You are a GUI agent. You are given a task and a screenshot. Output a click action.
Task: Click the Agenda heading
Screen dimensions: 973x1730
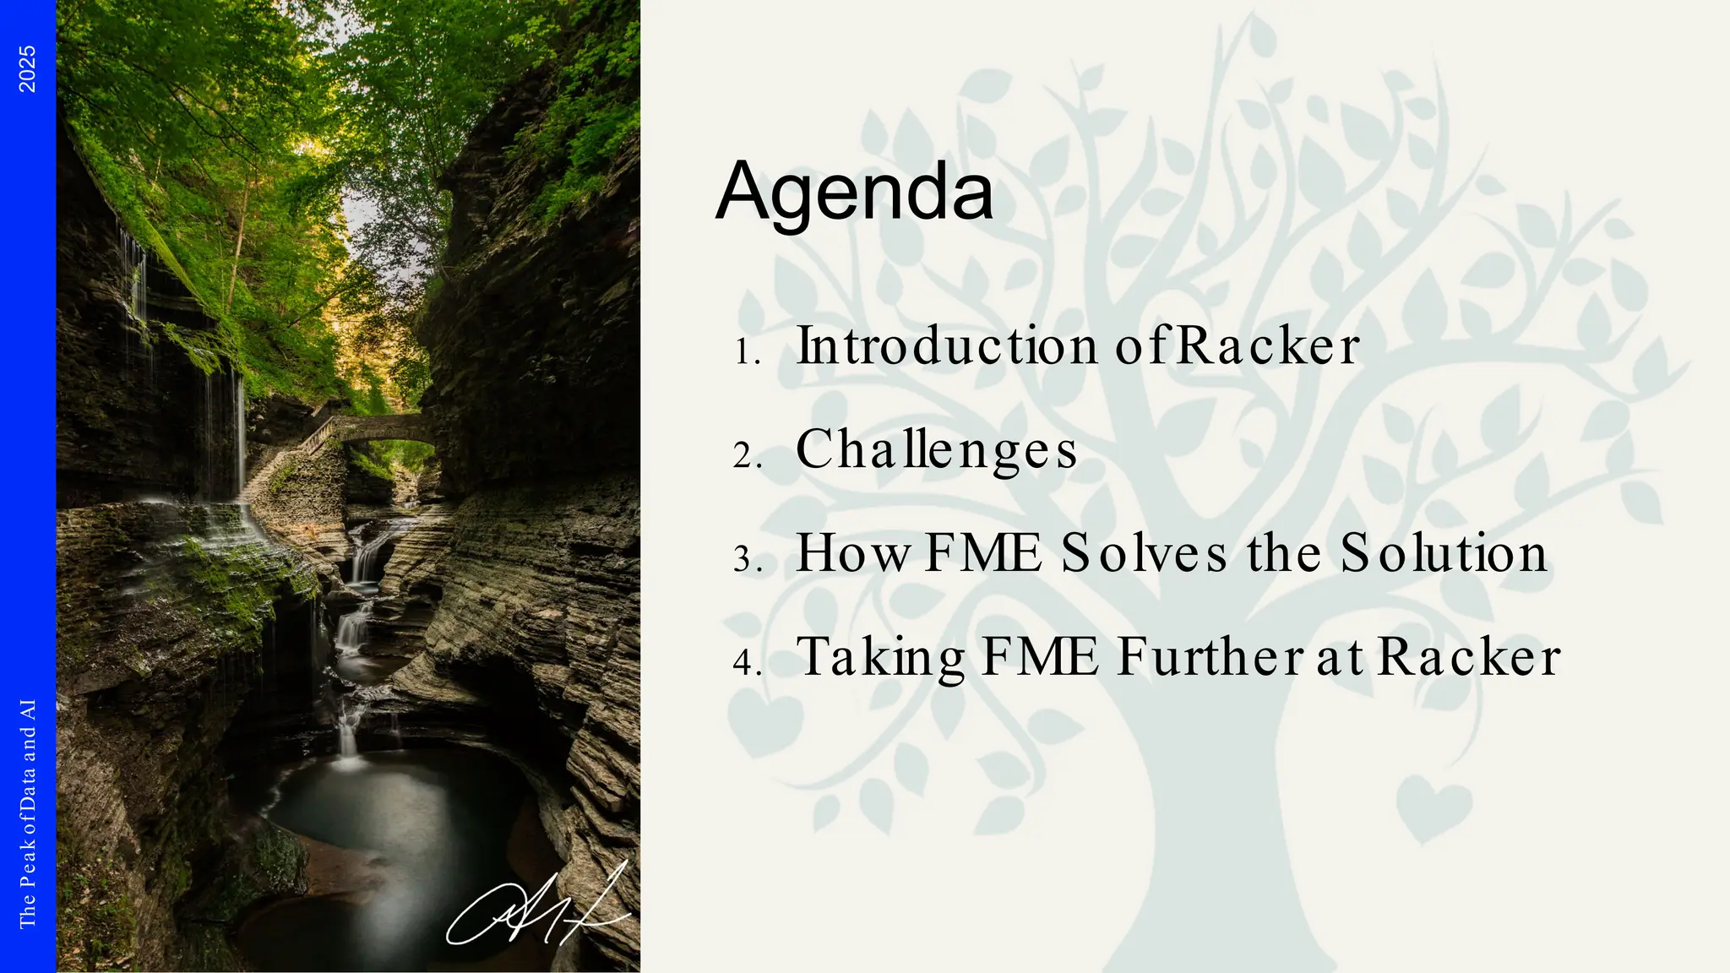click(854, 193)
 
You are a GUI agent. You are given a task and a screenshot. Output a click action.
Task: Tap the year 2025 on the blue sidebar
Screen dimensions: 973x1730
click(28, 69)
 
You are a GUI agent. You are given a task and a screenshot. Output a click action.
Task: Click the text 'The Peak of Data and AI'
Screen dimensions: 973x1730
click(28, 813)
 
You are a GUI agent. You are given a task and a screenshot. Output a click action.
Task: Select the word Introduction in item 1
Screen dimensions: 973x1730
click(947, 346)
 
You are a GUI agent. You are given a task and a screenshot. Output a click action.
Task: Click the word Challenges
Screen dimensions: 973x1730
click(936, 449)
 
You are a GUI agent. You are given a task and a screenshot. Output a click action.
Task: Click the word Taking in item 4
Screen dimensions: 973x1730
click(881, 658)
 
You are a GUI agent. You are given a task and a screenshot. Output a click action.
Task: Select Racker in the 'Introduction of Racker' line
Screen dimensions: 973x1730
click(1267, 346)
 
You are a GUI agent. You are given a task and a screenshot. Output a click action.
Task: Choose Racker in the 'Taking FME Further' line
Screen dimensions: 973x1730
click(1468, 657)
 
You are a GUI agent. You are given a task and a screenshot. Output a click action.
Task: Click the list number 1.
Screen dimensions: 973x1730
click(747, 352)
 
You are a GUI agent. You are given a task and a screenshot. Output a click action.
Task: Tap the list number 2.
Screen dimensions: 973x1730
click(748, 456)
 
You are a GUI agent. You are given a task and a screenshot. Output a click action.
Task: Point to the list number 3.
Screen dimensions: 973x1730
click(748, 560)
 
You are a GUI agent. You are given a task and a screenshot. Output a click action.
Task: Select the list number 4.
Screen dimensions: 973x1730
click(748, 664)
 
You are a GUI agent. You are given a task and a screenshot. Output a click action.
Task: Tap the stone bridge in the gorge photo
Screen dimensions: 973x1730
click(376, 429)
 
